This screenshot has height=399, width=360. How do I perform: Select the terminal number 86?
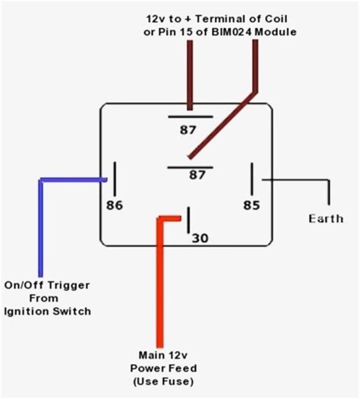click(x=116, y=204)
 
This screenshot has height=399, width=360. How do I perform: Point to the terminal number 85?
click(x=251, y=204)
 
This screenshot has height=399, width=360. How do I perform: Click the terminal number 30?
click(x=201, y=238)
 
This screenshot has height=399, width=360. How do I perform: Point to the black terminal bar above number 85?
click(x=251, y=179)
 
